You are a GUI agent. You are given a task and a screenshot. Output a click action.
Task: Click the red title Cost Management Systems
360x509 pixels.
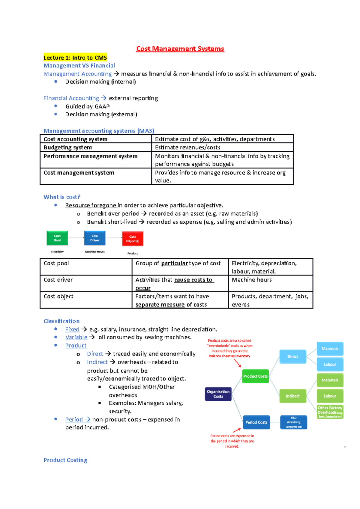click(x=180, y=49)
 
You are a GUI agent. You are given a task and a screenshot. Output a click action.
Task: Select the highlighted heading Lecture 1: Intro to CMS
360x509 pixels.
click(x=75, y=58)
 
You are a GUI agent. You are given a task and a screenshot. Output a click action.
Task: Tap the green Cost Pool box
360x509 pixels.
click(x=57, y=238)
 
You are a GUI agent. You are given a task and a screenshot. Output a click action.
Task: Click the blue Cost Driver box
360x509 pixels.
click(x=95, y=238)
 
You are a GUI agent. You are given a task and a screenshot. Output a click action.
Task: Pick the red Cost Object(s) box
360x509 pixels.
click(x=133, y=239)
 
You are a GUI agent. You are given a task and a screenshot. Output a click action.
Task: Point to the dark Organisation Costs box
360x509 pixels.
click(x=218, y=394)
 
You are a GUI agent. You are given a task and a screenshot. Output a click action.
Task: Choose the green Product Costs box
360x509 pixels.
click(x=255, y=376)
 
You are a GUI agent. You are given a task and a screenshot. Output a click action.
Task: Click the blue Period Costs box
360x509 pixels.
click(x=256, y=422)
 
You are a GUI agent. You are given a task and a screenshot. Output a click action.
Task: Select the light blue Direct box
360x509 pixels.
click(x=293, y=356)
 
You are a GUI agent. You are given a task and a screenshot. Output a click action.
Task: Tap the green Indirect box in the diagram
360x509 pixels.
click(x=292, y=396)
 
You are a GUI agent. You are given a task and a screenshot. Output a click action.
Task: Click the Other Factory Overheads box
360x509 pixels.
click(x=330, y=412)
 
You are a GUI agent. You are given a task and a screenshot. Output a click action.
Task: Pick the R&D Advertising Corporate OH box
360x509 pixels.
click(x=294, y=422)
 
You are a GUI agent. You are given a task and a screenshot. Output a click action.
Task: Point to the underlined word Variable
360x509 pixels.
click(x=76, y=337)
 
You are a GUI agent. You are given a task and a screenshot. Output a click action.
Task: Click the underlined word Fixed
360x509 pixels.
click(x=72, y=329)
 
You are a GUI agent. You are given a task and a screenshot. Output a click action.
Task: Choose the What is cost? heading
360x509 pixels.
click(x=62, y=197)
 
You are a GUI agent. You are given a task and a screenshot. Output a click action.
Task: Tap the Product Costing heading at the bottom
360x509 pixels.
click(x=65, y=460)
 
